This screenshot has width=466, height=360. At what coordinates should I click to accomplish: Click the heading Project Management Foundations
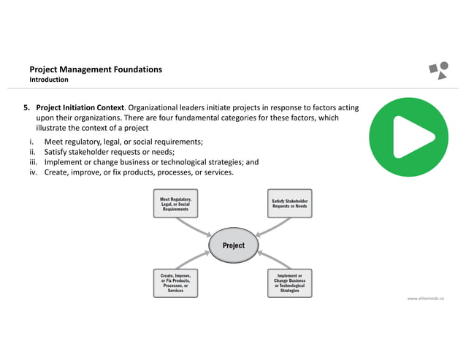click(95, 69)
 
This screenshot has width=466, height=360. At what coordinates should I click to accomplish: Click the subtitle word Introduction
click(49, 80)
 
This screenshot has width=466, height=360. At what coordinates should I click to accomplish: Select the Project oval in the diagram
click(234, 245)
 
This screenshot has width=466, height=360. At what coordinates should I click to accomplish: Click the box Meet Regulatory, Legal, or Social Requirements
click(175, 204)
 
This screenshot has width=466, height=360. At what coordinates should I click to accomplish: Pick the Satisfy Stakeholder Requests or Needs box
click(290, 204)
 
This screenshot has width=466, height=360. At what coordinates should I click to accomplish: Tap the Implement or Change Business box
click(289, 283)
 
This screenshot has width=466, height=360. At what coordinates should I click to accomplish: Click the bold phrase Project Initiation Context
click(80, 107)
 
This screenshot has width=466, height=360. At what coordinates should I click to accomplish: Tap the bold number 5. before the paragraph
click(27, 107)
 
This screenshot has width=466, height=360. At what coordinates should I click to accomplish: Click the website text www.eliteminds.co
click(426, 298)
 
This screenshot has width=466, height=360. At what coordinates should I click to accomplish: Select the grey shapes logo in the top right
click(438, 70)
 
